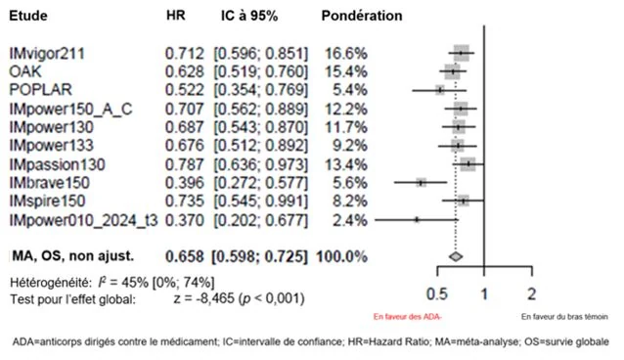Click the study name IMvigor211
coord(47,54)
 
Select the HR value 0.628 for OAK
coord(185,71)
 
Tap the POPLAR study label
coord(41,90)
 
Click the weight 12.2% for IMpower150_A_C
coord(346,109)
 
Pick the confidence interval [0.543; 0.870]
coord(261,127)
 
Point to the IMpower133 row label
coord(51,145)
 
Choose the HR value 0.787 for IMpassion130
coord(185,164)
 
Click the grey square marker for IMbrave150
coord(421,183)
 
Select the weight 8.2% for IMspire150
coord(350,201)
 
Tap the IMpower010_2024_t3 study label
coord(83,220)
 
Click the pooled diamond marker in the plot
coord(456,257)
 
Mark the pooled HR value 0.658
coord(185,257)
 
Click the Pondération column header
coord(362,16)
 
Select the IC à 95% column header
coord(249,16)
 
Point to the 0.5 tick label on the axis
coord(437,294)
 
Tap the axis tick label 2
coord(532,294)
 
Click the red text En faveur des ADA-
coord(408,317)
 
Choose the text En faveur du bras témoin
coord(564,317)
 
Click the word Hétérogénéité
coord(51,283)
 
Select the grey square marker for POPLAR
coord(440,90)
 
